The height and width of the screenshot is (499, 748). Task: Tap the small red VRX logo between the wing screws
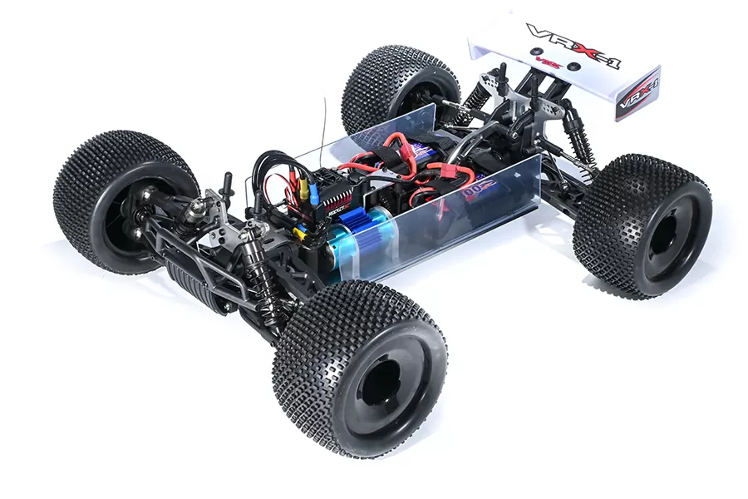click(549, 62)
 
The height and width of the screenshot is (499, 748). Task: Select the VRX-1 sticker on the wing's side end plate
click(638, 93)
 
